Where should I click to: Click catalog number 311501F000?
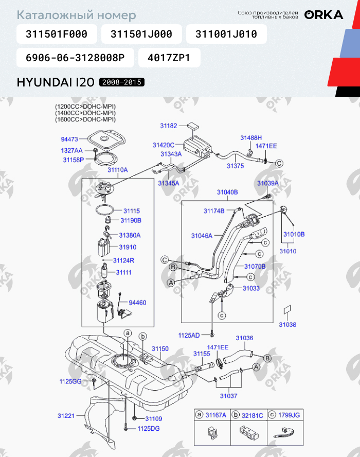pyautogui.click(x=57, y=34)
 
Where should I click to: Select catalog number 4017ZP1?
pyautogui.click(x=169, y=58)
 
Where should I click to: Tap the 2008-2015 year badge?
pyautogui.click(x=122, y=82)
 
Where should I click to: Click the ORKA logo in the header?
pyautogui.click(x=323, y=15)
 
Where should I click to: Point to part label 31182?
pyautogui.click(x=169, y=126)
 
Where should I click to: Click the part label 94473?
pyautogui.click(x=69, y=139)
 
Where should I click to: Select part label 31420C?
pyautogui.click(x=164, y=145)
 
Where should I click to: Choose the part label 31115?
pyautogui.click(x=132, y=210)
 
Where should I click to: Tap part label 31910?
pyautogui.click(x=128, y=247)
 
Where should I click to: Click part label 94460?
pyautogui.click(x=137, y=303)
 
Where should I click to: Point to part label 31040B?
pyautogui.click(x=227, y=192)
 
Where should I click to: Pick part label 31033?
pyautogui.click(x=251, y=288)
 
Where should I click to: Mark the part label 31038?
pyautogui.click(x=287, y=324)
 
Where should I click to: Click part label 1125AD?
pyautogui.click(x=189, y=336)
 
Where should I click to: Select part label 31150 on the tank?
pyautogui.click(x=160, y=348)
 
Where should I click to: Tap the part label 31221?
pyautogui.click(x=66, y=416)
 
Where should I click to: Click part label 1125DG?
pyautogui.click(x=149, y=428)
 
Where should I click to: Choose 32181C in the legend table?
pyautogui.click(x=252, y=415)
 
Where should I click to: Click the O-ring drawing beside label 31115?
pyautogui.click(x=104, y=209)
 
